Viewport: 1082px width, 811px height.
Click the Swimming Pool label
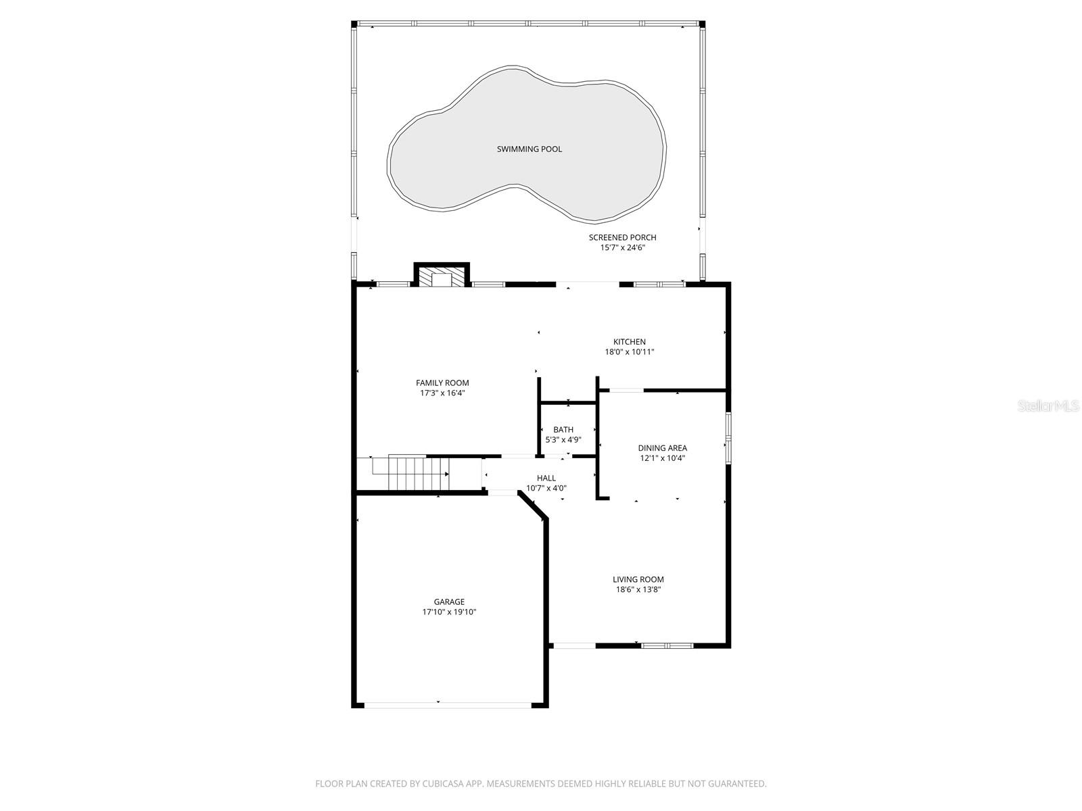click(529, 149)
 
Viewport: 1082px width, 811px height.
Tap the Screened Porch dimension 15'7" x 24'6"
click(622, 247)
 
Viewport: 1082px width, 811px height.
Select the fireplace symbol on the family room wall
click(441, 275)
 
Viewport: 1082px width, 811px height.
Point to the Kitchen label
click(629, 342)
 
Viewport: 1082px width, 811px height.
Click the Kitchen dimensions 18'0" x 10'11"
click(629, 352)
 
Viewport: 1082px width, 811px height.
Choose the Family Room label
click(442, 383)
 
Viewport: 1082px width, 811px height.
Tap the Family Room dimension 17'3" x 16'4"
click(442, 393)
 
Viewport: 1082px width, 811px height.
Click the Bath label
click(563, 430)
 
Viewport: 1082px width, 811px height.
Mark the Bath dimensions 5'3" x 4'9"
click(563, 440)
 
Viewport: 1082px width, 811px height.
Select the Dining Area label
click(662, 448)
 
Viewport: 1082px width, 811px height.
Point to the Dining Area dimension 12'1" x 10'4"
click(662, 458)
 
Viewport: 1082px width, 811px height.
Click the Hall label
click(546, 478)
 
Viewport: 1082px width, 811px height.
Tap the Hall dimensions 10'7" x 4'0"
click(546, 489)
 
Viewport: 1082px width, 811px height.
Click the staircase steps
click(419, 474)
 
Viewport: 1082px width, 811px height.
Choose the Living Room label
click(638, 580)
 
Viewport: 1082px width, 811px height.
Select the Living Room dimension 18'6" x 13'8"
click(638, 589)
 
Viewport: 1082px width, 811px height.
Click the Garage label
click(449, 601)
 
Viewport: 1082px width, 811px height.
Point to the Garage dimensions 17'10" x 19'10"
click(449, 612)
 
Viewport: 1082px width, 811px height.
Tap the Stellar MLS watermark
click(1048, 405)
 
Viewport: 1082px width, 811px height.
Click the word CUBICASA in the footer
click(442, 783)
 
